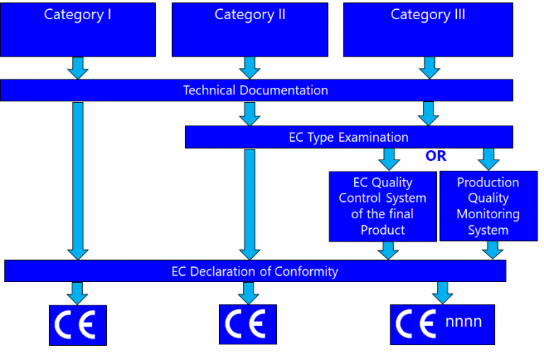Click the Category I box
[x=78, y=30]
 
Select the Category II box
[x=249, y=30]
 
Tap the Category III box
[x=428, y=30]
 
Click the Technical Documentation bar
[x=256, y=90]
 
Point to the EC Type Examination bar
[x=348, y=137]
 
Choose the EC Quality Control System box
[x=382, y=206]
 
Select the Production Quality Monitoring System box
[x=488, y=206]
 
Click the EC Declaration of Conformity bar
[x=255, y=271]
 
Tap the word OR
[x=436, y=156]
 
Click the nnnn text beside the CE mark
[x=464, y=322]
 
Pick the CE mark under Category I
[x=77, y=325]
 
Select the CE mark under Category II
[x=248, y=324]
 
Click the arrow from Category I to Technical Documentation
[x=78, y=67]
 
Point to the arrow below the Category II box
[x=249, y=67]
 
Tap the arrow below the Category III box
[x=429, y=67]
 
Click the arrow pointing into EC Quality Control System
[x=390, y=159]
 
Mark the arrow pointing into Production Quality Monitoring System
[x=489, y=159]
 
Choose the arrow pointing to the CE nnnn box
[x=443, y=292]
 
